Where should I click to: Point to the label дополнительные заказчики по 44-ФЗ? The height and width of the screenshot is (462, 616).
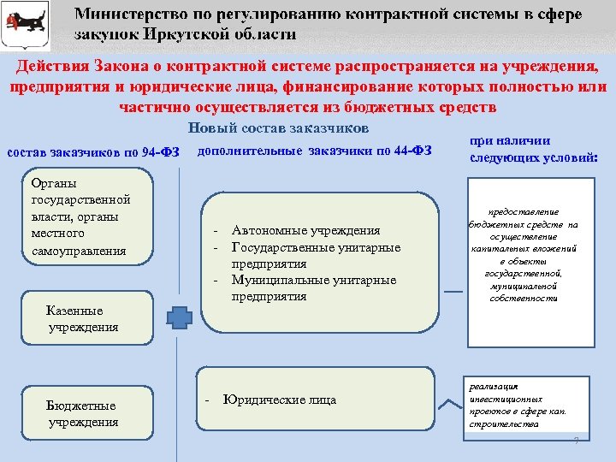tap(314, 151)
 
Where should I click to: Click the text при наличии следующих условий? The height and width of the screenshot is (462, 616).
tap(533, 150)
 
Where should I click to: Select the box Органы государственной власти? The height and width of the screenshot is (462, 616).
tap(80, 216)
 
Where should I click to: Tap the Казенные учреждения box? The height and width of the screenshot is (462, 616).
tap(83, 319)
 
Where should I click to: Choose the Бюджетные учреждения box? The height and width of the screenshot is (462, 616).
tap(83, 413)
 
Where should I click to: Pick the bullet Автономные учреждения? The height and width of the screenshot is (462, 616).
tap(305, 231)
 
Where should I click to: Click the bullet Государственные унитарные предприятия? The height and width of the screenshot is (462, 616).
tap(316, 256)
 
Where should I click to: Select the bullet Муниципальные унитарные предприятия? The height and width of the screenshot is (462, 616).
tap(313, 288)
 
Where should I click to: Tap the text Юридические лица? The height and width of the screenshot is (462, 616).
tap(280, 400)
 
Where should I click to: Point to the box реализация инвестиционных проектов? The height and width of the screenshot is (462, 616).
tap(518, 406)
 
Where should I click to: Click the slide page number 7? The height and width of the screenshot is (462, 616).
tap(576, 441)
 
